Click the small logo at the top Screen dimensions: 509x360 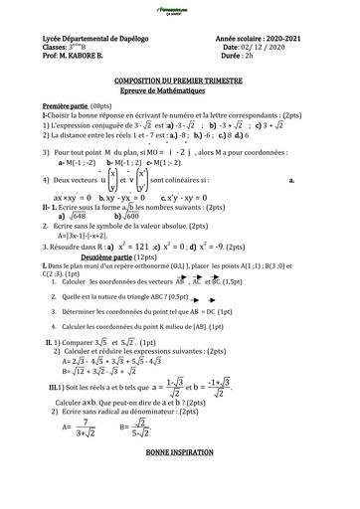tap(179, 8)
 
